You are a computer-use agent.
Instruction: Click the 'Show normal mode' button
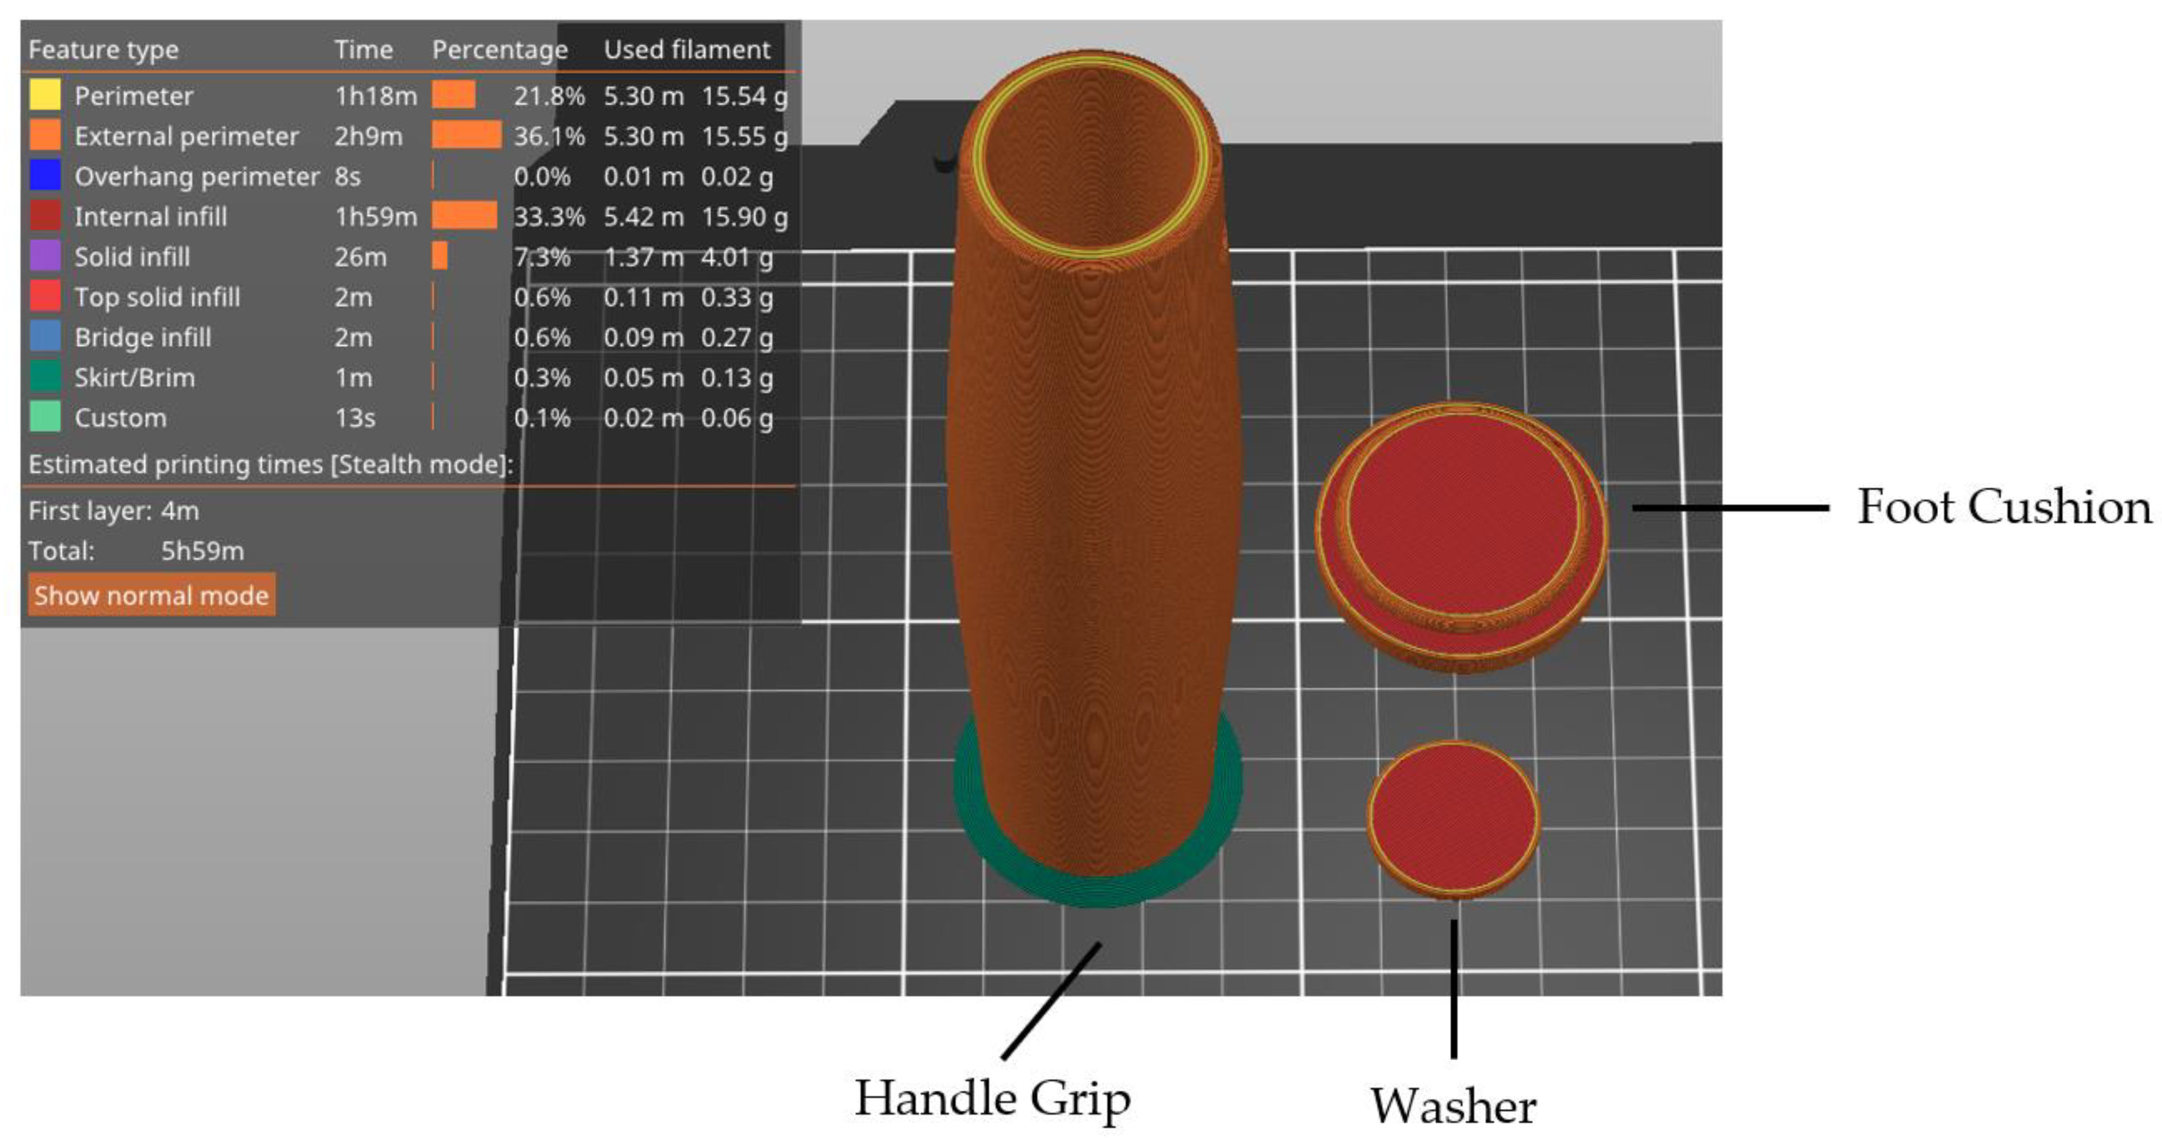pyautogui.click(x=151, y=595)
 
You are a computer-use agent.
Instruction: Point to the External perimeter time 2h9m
pyautogui.click(x=368, y=136)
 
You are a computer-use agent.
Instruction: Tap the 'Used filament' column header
pyautogui.click(x=687, y=49)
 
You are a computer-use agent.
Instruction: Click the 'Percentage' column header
pyautogui.click(x=499, y=50)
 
